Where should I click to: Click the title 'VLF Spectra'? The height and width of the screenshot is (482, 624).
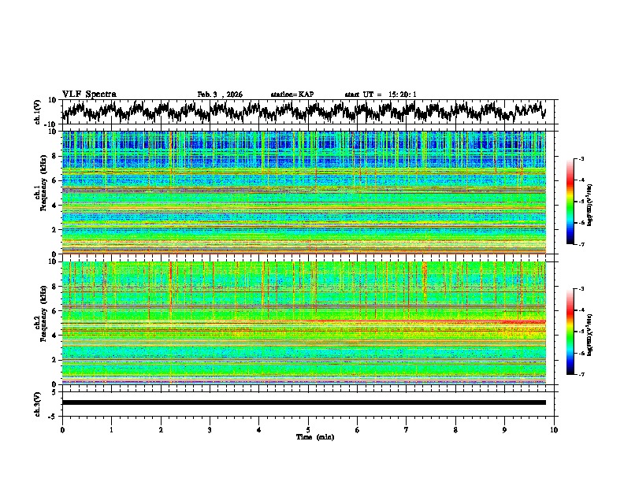pyautogui.click(x=89, y=94)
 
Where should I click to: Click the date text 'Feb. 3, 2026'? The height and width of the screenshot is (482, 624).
pyautogui.click(x=220, y=95)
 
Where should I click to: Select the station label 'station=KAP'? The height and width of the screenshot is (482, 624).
pyautogui.click(x=292, y=95)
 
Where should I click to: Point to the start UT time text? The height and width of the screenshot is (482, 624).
pyautogui.click(x=381, y=95)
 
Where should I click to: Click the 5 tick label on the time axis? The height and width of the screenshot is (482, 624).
pyautogui.click(x=308, y=430)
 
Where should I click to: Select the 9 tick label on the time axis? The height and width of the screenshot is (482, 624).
pyautogui.click(x=505, y=430)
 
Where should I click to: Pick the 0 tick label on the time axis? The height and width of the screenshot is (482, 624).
pyautogui.click(x=62, y=430)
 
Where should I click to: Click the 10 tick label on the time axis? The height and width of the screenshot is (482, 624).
pyautogui.click(x=554, y=430)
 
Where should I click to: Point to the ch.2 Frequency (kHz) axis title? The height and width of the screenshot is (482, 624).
pyautogui.click(x=36, y=322)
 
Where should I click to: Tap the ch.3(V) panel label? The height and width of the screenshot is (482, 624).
pyautogui.click(x=37, y=402)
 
